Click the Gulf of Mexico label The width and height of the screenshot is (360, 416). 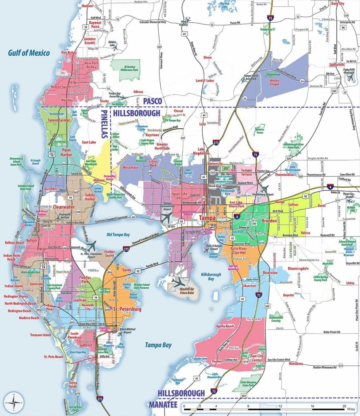click(29, 53)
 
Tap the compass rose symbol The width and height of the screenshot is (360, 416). click(15, 403)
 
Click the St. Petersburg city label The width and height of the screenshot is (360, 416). click(127, 310)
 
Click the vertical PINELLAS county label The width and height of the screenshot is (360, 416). click(105, 124)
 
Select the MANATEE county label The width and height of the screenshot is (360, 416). click(163, 405)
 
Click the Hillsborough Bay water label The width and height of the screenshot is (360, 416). click(211, 277)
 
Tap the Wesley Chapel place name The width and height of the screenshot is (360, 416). click(274, 82)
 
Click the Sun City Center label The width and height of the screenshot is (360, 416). click(257, 358)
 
